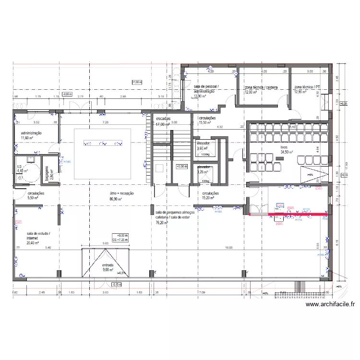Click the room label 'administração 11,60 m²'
[31, 135]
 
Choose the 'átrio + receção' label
[121, 195]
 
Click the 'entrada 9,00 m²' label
[108, 267]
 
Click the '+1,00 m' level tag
[137, 82]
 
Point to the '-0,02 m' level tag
[67, 94]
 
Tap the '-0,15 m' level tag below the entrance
[117, 285]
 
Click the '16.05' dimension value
[228, 248]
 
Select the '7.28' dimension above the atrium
[106, 123]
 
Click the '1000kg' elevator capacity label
[205, 155]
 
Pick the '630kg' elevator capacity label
[205, 181]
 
